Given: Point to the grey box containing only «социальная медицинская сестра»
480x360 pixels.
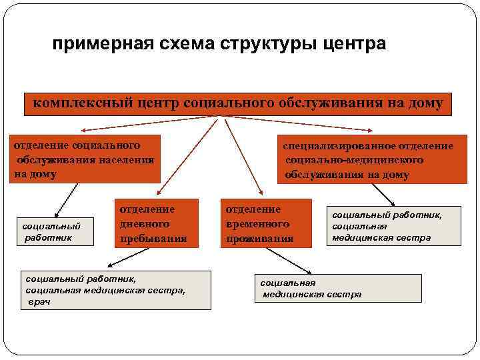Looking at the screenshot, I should (x=338, y=288).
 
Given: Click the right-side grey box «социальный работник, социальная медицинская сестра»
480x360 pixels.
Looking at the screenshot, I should (x=393, y=226).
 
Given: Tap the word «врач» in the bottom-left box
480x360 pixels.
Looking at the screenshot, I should (x=39, y=302).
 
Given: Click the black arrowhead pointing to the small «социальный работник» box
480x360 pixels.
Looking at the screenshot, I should (x=55, y=209).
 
